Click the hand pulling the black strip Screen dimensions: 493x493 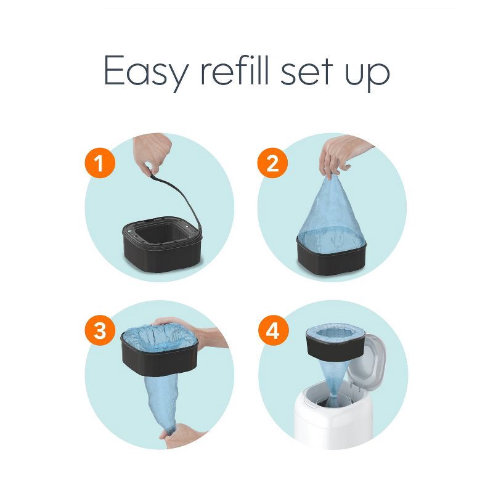click(154, 151)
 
